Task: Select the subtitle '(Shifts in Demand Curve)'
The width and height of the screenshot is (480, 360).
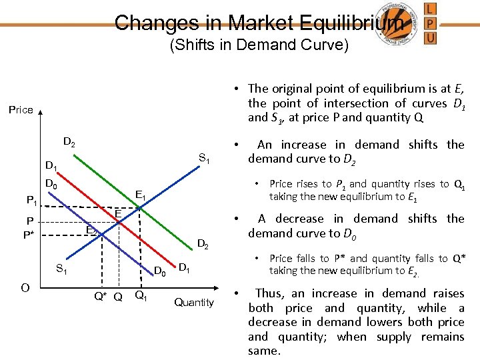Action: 259,45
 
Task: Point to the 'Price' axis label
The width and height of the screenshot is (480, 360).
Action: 21,110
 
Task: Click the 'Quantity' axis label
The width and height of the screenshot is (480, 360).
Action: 193,302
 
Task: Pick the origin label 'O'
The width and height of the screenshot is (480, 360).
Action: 24,287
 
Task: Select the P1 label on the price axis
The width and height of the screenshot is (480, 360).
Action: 31,199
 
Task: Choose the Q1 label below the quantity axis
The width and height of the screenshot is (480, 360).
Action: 141,296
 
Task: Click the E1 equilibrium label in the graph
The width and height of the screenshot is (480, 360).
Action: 141,195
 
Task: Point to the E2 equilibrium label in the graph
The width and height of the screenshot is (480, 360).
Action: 92,231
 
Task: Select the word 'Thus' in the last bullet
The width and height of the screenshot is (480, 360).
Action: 269,293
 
